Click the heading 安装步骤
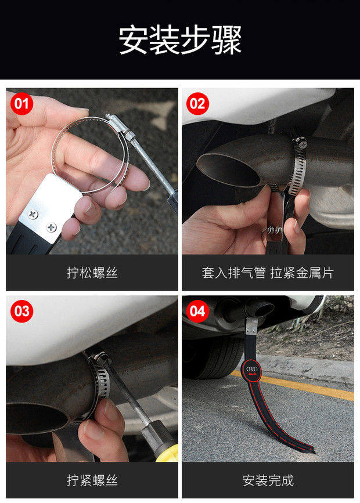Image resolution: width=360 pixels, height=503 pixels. (x=180, y=41)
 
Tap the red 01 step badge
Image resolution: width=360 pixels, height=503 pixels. (x=22, y=104)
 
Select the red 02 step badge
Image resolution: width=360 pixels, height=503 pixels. (x=197, y=104)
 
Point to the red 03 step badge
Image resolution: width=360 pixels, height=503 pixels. (x=22, y=311)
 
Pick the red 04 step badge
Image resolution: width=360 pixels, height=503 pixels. (x=197, y=311)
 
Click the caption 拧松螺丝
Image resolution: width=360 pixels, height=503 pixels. (x=92, y=273)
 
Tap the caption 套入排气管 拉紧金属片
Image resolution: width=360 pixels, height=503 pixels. (x=268, y=273)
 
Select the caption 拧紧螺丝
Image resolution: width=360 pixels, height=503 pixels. (x=92, y=480)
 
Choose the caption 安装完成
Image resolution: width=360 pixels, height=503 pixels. (x=268, y=480)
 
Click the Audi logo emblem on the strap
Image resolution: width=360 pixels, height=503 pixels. (x=251, y=371)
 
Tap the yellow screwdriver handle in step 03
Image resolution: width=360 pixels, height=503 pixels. (x=168, y=453)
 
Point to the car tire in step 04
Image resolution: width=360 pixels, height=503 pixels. (x=214, y=357)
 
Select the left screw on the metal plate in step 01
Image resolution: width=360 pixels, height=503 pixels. (x=33, y=214)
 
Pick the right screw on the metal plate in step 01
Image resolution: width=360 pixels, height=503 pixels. (x=51, y=227)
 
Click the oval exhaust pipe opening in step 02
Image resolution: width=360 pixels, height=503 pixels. (x=228, y=171)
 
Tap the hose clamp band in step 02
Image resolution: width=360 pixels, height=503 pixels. (x=298, y=167)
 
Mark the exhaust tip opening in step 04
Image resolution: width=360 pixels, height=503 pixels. (x=264, y=309)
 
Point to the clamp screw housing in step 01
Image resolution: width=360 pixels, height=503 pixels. (x=118, y=124)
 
